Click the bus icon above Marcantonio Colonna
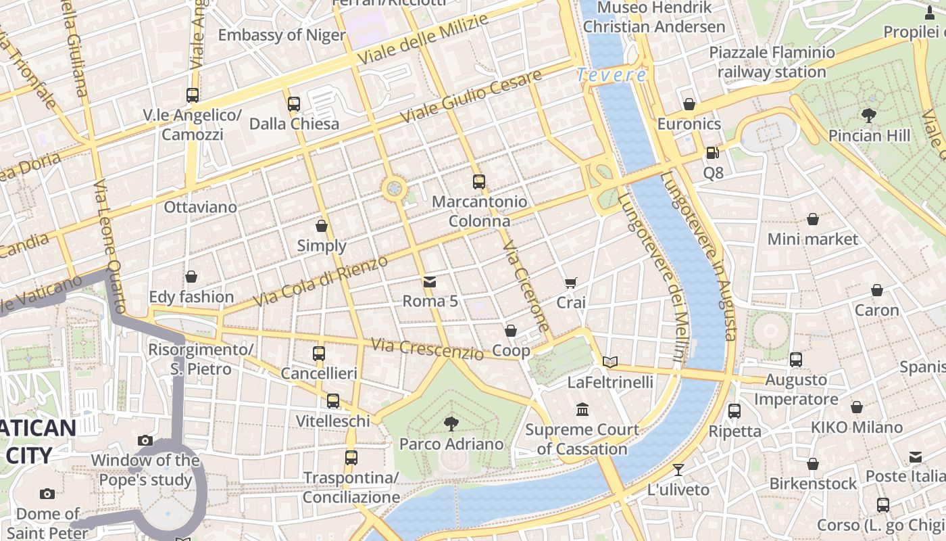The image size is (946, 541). (479, 181)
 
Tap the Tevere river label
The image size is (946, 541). (612, 75)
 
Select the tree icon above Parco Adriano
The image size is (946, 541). (451, 424)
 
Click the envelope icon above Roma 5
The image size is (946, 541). (430, 281)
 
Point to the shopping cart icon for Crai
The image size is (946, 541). (571, 283)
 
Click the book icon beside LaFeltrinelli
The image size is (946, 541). (610, 362)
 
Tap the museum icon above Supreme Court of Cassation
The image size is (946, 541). (582, 409)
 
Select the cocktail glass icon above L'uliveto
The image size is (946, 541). (678, 469)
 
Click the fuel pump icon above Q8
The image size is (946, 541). (713, 153)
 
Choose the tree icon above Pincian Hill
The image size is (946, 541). (869, 116)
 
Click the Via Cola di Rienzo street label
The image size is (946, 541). (321, 281)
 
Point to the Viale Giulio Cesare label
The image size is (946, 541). (470, 97)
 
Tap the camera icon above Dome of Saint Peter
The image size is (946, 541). (47, 494)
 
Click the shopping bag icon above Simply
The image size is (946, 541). (322, 226)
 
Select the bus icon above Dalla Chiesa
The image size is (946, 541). (294, 104)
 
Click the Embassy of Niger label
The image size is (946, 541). (282, 35)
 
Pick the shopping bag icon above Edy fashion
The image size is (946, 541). (191, 277)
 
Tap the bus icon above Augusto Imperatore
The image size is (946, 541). (796, 360)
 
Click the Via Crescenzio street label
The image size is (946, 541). (427, 349)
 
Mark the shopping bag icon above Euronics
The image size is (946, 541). (689, 104)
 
